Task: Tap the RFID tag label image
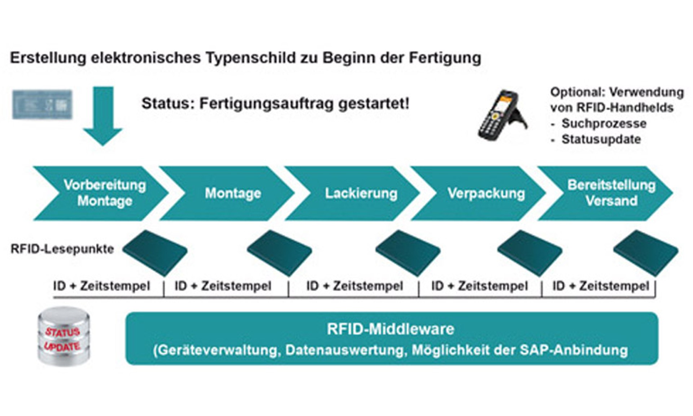point(42,105)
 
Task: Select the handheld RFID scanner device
point(502,116)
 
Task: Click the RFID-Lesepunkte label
point(62,249)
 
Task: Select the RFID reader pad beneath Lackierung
point(408,253)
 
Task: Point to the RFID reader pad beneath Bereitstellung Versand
point(646,253)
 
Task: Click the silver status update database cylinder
point(64,337)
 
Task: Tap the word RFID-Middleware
point(391,329)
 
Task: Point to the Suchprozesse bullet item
point(603,123)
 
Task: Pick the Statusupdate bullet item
point(601,139)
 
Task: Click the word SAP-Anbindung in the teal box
point(574,350)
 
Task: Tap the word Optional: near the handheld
point(577,92)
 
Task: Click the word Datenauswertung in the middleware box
point(346,350)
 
